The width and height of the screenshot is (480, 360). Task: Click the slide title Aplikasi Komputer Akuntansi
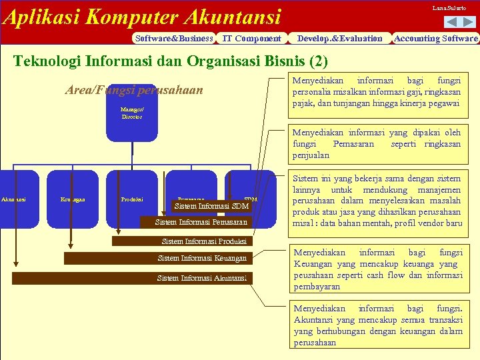(x=141, y=16)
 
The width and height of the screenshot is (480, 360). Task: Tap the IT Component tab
(x=251, y=39)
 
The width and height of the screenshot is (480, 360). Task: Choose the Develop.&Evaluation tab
(x=340, y=39)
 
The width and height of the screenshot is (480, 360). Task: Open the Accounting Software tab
(x=436, y=39)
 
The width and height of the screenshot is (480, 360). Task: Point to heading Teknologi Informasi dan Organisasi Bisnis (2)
(x=171, y=62)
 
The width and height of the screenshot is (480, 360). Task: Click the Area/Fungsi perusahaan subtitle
(x=133, y=90)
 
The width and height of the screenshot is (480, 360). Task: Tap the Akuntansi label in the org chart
(x=13, y=199)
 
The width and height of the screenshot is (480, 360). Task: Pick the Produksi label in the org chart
(x=131, y=199)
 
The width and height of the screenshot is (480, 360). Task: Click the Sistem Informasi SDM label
(x=211, y=206)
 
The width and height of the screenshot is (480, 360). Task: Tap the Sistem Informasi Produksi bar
(x=204, y=241)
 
